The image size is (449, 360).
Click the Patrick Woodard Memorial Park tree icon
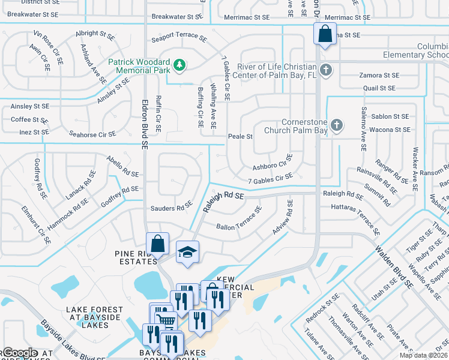point(178,64)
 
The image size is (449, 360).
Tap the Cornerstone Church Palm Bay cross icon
point(337,126)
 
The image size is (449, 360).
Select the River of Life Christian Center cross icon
point(325,70)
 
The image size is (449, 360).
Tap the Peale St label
point(240,137)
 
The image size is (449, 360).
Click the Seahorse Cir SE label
point(92,134)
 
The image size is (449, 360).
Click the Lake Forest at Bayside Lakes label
point(94,317)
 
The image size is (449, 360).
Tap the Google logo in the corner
point(20,353)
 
